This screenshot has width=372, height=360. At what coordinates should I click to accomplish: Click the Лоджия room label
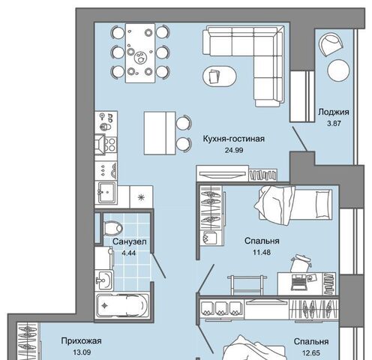pos(334,112)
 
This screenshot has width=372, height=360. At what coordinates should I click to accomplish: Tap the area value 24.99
pos(234,150)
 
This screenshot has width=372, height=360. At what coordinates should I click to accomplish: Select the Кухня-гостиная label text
pos(233,139)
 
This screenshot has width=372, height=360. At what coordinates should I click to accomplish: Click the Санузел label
pos(130,241)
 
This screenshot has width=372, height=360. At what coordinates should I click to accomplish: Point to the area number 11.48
pos(262,252)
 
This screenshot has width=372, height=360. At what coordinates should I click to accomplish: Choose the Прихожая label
pos(82,341)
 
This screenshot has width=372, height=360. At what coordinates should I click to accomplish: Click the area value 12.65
pos(311,353)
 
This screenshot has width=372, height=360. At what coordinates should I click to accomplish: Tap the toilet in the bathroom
pos(112,227)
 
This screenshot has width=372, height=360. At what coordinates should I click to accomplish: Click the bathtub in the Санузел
pos(123,305)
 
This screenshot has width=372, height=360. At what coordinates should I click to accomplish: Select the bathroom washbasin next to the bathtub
pos(104,280)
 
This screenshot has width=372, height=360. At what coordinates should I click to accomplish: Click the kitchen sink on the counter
pos(107,192)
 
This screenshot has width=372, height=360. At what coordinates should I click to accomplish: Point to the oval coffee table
pos(219,76)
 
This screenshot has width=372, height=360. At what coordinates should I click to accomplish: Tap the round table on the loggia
pos(338,70)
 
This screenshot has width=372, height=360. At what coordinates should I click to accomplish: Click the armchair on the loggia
pos(331,44)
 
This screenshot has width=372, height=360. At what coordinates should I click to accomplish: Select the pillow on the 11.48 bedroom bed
pos(323,204)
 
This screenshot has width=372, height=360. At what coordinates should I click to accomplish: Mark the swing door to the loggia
pos(300,139)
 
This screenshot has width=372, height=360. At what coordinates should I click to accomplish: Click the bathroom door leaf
pos(158,265)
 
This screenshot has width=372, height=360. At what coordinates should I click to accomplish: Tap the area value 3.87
pos(334,124)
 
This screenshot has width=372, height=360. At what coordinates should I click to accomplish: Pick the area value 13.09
pos(82,352)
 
